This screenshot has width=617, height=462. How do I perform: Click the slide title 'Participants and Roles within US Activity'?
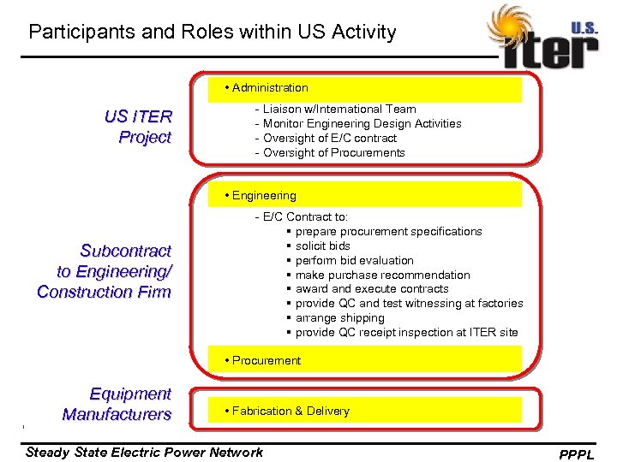tap(212, 33)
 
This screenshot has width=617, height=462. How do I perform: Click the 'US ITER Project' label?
tap(138, 127)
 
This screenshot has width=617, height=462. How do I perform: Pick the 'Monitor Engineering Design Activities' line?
tap(362, 123)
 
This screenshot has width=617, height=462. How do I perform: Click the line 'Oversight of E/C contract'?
tap(330, 138)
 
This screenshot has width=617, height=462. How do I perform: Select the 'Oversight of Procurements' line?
tap(334, 152)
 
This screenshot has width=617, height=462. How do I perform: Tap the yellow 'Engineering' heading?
tap(264, 195)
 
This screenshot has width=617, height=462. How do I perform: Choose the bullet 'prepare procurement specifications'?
tap(388, 231)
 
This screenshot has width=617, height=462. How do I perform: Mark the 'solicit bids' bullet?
tap(322, 246)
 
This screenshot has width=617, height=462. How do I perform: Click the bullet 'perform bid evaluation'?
tap(354, 260)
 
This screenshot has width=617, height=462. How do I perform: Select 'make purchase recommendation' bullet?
tap(382, 275)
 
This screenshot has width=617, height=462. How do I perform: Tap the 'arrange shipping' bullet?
tap(339, 317)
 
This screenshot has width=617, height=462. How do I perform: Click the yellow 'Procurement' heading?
tap(267, 360)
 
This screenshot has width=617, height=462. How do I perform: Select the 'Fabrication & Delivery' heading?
tap(291, 411)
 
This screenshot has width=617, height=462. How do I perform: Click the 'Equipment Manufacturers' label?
tap(117, 404)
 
